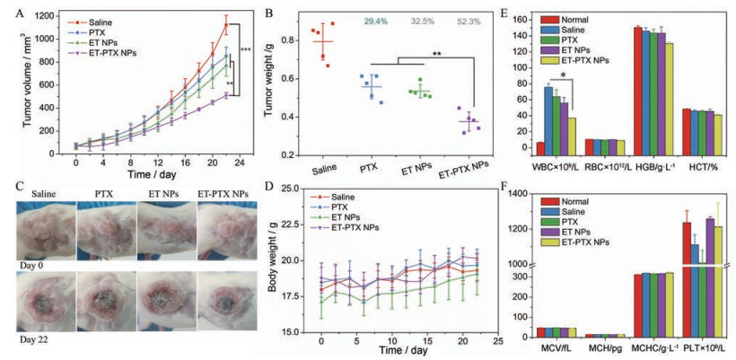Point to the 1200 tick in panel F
525,229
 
